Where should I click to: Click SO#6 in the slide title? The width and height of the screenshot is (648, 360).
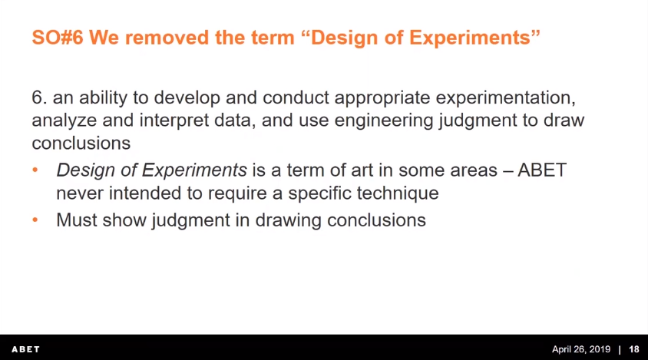click(58, 38)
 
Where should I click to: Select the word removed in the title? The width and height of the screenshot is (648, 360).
click(167, 38)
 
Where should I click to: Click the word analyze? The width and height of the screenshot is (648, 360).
click(64, 121)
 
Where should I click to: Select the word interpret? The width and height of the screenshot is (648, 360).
click(174, 121)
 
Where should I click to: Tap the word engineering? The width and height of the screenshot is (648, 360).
click(384, 121)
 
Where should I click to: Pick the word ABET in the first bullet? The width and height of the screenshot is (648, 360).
click(542, 170)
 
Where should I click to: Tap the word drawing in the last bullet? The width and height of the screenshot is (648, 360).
click(288, 220)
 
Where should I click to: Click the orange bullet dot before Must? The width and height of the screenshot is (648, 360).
click(35, 220)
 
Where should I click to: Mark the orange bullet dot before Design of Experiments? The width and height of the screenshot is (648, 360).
click(35, 170)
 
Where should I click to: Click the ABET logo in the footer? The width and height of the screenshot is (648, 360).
click(25, 350)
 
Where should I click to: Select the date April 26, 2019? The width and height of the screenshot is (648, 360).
click(581, 350)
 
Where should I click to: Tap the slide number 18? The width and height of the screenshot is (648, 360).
click(634, 350)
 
